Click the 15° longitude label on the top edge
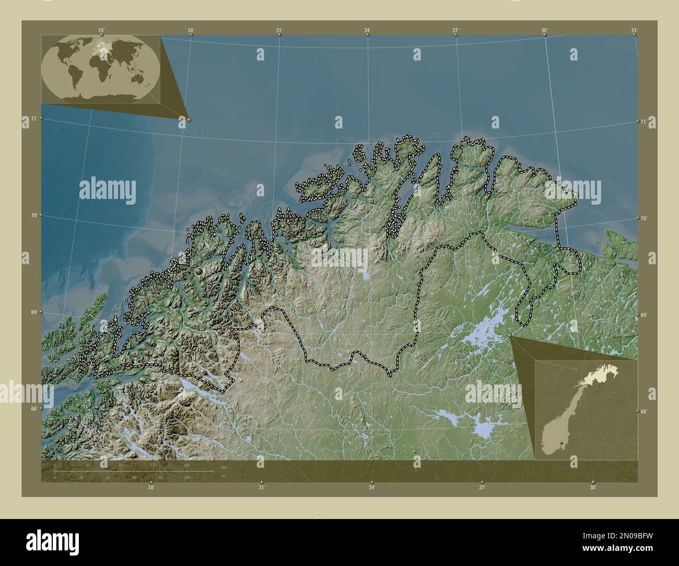[x=101, y=30]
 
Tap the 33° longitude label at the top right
[x=634, y=30]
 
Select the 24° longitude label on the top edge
[x=368, y=30]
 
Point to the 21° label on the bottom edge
[x=261, y=488]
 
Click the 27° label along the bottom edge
[x=482, y=488]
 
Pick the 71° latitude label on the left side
[x=33, y=119]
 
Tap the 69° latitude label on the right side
[x=643, y=315]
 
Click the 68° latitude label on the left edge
[x=33, y=408]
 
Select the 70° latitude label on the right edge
[x=643, y=218]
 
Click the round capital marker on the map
[x=198, y=272]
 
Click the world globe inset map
[x=101, y=68]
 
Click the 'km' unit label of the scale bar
[x=224, y=467]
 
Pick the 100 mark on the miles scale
[x=186, y=477]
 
